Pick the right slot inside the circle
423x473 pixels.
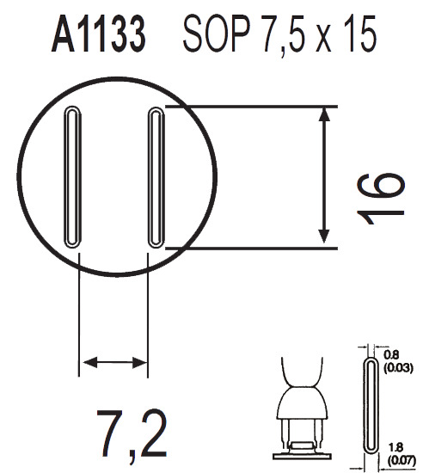point(156,177)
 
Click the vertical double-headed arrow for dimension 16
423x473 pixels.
point(324,177)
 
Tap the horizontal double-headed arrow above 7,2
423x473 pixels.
point(113,362)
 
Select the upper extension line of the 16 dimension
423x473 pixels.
point(249,107)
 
